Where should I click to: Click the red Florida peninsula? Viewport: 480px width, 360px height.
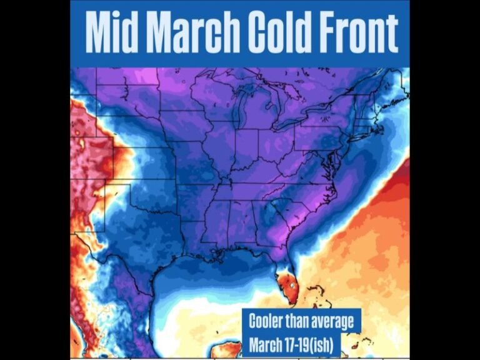point(288,285)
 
